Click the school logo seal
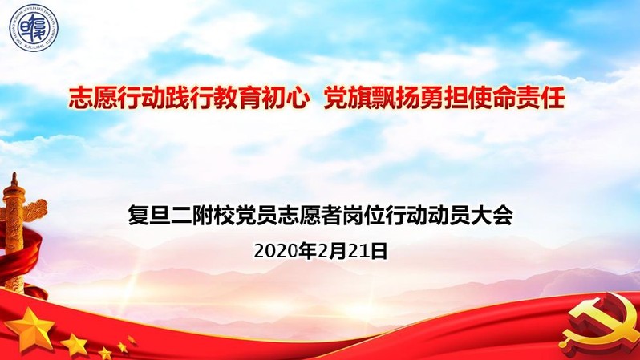tap(34, 28)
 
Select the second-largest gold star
tap(75, 345)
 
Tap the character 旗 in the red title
tap(358, 98)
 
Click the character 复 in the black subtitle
tap(139, 216)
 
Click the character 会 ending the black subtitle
tap(502, 216)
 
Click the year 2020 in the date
tap(276, 251)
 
